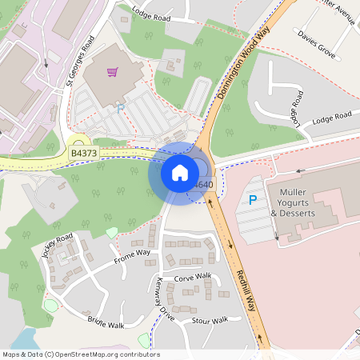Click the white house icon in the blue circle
180,172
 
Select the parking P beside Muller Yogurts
253,200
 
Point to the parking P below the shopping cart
121,108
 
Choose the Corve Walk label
192,277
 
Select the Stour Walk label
210,321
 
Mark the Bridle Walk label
106,322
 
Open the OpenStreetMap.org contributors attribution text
80,354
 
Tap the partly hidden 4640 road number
203,185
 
